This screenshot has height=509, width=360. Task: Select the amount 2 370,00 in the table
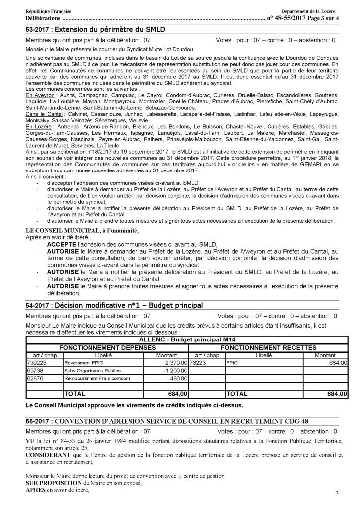(173, 363)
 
